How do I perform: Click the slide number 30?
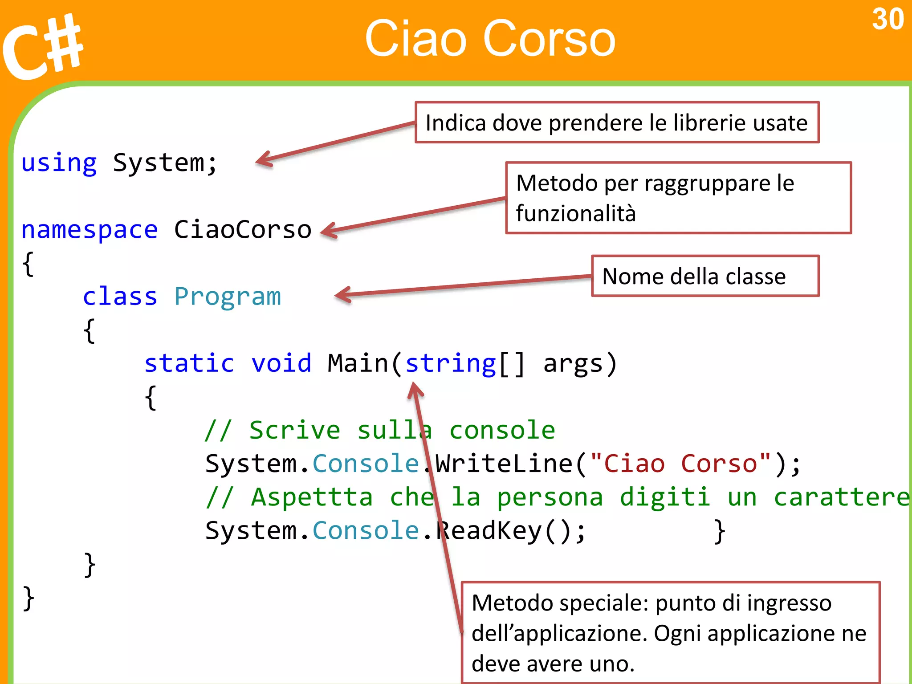[888, 20]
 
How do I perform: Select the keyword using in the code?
[59, 163]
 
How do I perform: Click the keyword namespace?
[90, 230]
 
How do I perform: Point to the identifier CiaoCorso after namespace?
[242, 230]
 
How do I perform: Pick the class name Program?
[228, 297]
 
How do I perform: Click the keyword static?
[189, 363]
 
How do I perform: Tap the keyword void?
[281, 363]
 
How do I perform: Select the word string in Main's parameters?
[450, 364]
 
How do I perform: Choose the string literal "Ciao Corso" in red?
[681, 464]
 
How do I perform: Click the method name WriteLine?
[504, 464]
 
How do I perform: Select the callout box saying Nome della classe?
[705, 276]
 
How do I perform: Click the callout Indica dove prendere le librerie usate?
[616, 123]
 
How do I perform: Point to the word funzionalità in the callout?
[575, 213]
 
